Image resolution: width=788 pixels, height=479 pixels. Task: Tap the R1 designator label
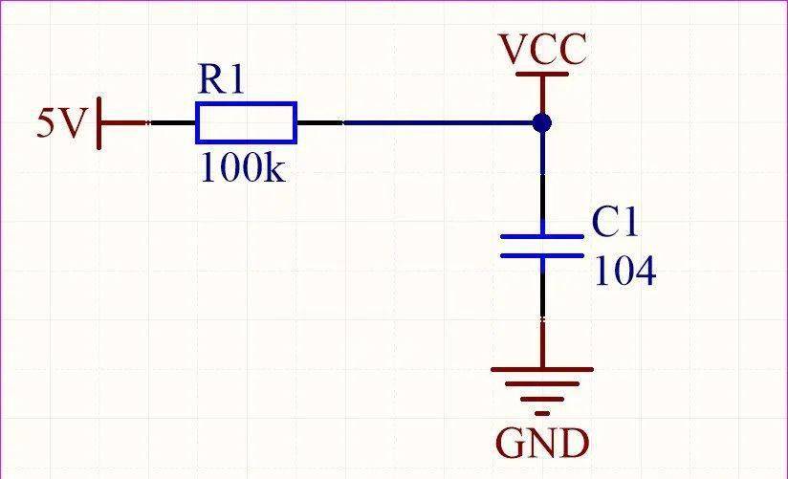point(221,79)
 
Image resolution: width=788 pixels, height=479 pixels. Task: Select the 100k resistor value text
point(243,167)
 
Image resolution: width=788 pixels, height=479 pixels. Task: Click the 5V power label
point(60,123)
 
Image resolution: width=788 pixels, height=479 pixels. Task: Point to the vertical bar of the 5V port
point(99,123)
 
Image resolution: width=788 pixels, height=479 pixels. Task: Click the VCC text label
point(543,49)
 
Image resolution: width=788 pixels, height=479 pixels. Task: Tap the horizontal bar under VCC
point(543,75)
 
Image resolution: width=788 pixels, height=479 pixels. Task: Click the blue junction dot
point(542,123)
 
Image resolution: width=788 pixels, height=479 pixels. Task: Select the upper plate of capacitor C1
point(542,236)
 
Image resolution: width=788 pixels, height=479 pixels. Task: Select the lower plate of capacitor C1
point(542,256)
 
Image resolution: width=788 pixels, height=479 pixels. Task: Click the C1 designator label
point(615,222)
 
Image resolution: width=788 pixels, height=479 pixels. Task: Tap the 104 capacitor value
point(625,271)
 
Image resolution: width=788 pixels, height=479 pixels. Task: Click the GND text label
point(542,444)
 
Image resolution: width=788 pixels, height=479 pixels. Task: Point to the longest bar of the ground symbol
point(542,369)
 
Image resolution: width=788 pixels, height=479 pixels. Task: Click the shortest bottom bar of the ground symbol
point(542,414)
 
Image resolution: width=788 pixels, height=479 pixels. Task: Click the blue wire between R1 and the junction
point(438,123)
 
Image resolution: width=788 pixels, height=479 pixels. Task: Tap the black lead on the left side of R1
point(172,123)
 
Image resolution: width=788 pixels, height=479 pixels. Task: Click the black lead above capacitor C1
point(543,197)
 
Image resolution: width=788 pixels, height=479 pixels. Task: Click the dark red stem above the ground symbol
point(543,343)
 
